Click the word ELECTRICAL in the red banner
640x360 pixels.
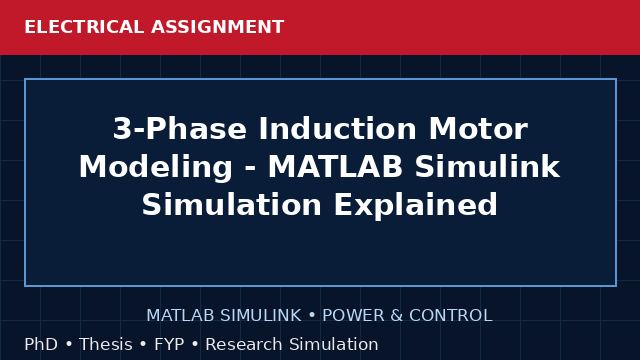pos(84,27)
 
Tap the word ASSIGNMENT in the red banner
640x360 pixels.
pos(218,27)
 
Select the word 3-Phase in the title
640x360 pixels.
pos(180,129)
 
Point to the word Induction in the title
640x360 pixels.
pos(337,129)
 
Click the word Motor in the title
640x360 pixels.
pos(478,129)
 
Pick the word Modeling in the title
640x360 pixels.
pos(156,168)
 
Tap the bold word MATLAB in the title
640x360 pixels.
pos(335,167)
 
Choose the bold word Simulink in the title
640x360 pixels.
pos(487,167)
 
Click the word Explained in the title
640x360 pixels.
pos(416,205)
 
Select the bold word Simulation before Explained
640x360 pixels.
pos(232,204)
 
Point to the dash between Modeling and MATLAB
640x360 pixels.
pos(250,169)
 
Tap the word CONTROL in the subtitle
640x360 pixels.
pos(451,316)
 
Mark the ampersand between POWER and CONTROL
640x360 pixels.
pos(397,316)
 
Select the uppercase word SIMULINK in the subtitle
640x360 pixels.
pos(260,316)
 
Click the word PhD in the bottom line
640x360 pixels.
pos(41,344)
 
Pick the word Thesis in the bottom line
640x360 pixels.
pos(106,344)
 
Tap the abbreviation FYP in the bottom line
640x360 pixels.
pos(169,344)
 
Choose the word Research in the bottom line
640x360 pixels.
pos(244,344)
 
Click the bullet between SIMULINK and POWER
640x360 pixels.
pos(312,316)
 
